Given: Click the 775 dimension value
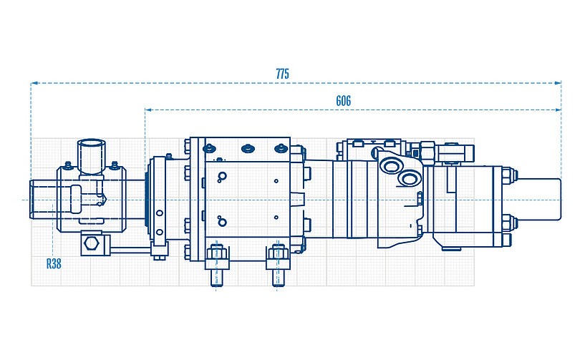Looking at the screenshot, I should pos(283,74).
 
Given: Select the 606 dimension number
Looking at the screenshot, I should pos(343,101).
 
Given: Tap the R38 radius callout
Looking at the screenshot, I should pos(54,263).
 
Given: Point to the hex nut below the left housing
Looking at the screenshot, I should pos(90,245).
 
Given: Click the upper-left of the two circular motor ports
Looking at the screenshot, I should pos(391,166).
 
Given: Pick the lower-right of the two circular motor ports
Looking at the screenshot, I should pos(410,177).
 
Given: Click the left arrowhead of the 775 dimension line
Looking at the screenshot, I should pos(32,84).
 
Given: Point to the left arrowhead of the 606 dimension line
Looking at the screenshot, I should pos(147,110).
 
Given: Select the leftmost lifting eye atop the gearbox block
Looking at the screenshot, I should pos(208,149).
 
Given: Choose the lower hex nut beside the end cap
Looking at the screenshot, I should pos(506,222).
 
